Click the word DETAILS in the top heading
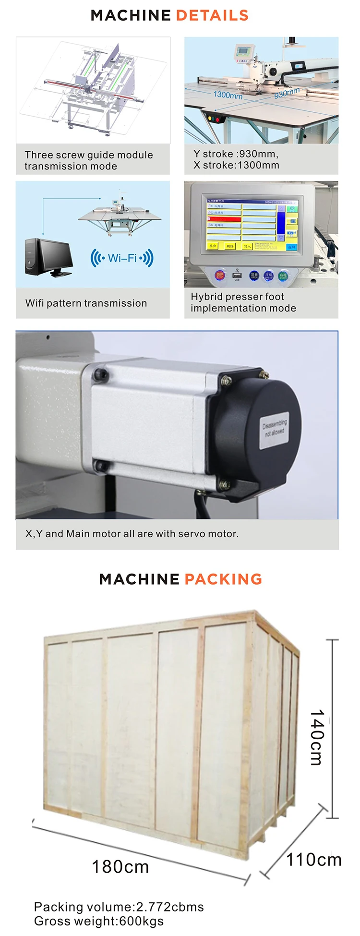(212, 15)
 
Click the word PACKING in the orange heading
(223, 579)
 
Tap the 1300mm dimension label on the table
(228, 95)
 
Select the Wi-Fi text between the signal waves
(122, 258)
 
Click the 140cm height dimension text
(317, 737)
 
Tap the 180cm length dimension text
(120, 867)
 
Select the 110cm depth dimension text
(314, 859)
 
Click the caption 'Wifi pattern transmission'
(86, 303)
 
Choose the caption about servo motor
(132, 533)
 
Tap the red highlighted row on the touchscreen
(224, 218)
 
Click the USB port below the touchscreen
(237, 275)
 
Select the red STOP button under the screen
(220, 276)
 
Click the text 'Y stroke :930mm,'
(236, 154)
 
